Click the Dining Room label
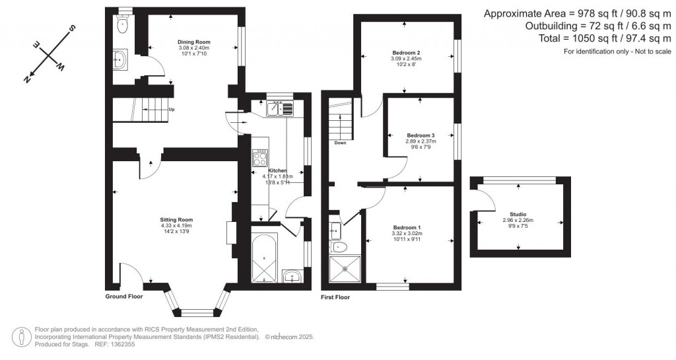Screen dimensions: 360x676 [193, 42]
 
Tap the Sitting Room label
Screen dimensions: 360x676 [176, 219]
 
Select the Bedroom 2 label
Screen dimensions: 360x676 [405, 52]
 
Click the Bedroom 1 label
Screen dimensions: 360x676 [406, 227]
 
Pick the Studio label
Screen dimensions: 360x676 [518, 214]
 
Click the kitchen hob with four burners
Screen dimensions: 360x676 [260, 159]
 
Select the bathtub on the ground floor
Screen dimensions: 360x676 [265, 258]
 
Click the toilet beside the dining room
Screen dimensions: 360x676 [122, 24]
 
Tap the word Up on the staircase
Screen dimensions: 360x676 [172, 110]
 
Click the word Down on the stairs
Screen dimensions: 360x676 [341, 143]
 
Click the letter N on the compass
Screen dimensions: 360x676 [28, 79]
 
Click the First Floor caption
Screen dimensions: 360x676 [335, 297]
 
